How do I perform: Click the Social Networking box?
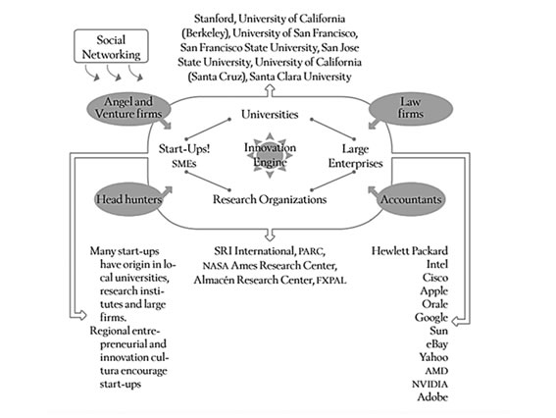coord(111,46)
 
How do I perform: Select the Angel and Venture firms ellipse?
coord(128,109)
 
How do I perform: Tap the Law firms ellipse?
coord(411,109)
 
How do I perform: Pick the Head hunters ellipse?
coord(129,199)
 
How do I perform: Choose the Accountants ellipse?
coord(411,199)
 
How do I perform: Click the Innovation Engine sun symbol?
coord(270,155)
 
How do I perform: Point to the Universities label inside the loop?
coord(270,114)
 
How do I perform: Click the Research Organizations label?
coord(270,199)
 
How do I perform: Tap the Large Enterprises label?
coord(355,156)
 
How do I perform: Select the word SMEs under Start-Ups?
coord(184,164)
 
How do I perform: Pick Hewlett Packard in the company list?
coord(410,251)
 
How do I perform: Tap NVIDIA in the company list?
coord(430,384)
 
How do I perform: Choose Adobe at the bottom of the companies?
coord(432,396)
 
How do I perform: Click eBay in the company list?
coord(437,343)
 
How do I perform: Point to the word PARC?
coord(311,251)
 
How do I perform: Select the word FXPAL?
coord(330,281)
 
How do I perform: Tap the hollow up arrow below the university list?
coord(271,90)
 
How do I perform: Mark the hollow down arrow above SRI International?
coord(271,235)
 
